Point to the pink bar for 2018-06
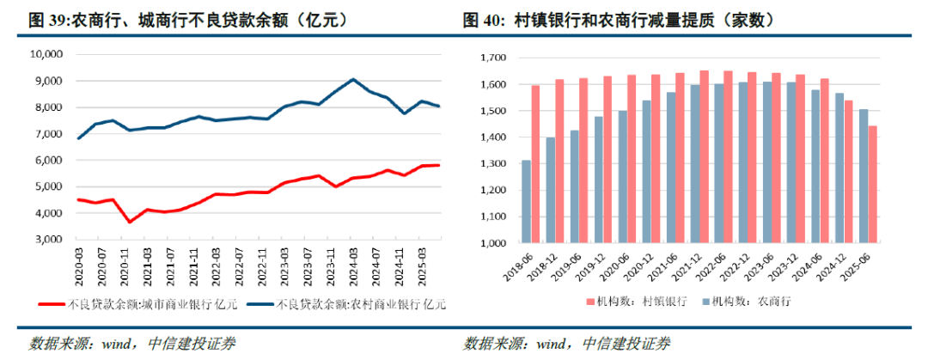coord(536,163)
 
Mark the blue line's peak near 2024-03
coord(353,79)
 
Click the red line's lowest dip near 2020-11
coord(130,222)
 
